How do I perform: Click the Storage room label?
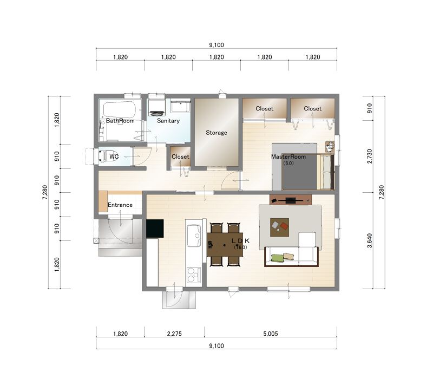pos(216,133)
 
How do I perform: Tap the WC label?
pos(114,156)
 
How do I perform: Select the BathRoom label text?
pos(120,121)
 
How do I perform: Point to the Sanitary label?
pos(168,121)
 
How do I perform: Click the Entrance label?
pos(120,205)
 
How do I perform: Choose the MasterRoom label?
pos(288,156)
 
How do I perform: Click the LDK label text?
pos(240,241)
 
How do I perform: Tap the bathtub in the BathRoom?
pos(119,109)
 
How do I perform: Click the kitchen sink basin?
pos(194,236)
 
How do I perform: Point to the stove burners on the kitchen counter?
pos(194,275)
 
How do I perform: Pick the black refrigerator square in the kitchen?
pos(155,229)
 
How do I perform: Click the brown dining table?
pos(225,245)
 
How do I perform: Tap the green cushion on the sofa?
pos(278,258)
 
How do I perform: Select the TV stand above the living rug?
pos(291,200)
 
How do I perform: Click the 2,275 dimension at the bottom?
pos(174,334)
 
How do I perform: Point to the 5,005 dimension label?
pos(270,334)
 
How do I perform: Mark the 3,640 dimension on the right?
pos(370,240)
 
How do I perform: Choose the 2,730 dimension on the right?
pos(370,156)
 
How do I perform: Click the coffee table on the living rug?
pos(279,227)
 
